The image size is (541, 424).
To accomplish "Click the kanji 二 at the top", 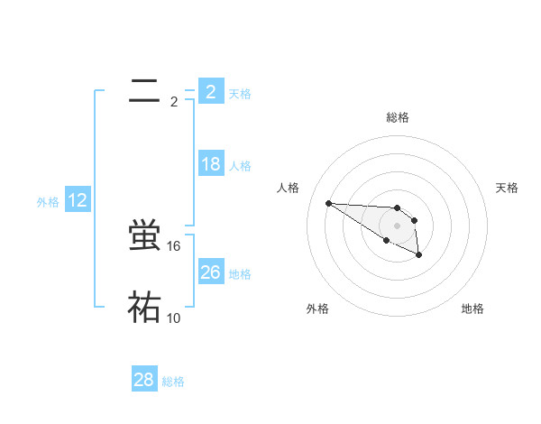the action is point(144,90).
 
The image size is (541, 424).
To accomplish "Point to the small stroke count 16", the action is point(175,246).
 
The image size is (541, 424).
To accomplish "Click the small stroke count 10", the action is point(175,318).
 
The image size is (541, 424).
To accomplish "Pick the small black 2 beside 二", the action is point(174,101).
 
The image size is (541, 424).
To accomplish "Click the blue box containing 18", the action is point(211,164).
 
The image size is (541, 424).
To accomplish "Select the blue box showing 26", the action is point(211,272).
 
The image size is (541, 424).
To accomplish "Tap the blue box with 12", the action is point(78,200).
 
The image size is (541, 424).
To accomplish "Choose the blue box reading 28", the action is point(144,380).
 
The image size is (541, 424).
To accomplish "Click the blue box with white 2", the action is point(211,91).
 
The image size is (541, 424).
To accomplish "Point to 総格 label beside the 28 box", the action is point(173,382).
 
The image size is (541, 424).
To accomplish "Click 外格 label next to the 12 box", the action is point(48,202).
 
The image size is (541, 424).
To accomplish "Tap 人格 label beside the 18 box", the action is point(240,166).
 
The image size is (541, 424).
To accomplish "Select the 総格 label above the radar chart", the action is point(398,117).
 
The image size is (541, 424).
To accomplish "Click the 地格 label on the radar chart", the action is point(472,309).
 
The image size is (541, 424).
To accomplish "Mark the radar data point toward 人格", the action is point(328,203).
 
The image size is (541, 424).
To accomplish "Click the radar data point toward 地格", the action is point(419,256).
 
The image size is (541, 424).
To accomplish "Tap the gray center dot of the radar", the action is point(398,225).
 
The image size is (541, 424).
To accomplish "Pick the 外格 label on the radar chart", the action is point(317,309).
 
